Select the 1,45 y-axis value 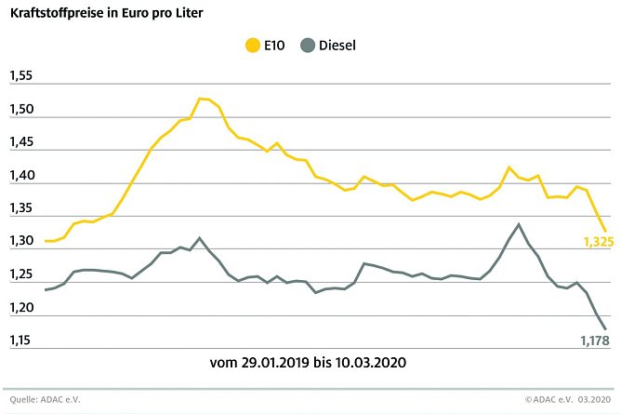tap(20, 143)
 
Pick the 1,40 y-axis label tap(20, 176)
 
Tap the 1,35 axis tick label tap(20, 209)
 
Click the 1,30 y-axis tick tap(20, 242)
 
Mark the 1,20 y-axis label tap(20, 308)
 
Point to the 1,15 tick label tap(20, 341)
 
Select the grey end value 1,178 tap(595, 341)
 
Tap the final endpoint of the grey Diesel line tap(606, 328)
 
